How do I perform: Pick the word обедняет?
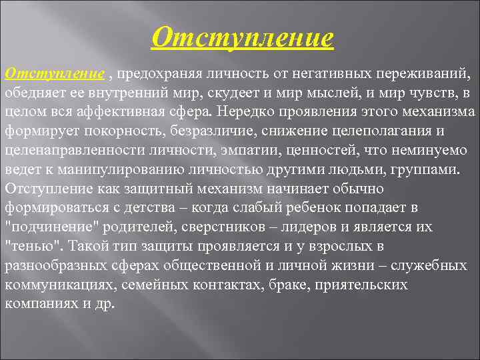point(33,91)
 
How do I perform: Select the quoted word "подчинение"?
point(45,227)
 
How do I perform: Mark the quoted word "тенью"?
point(31,246)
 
